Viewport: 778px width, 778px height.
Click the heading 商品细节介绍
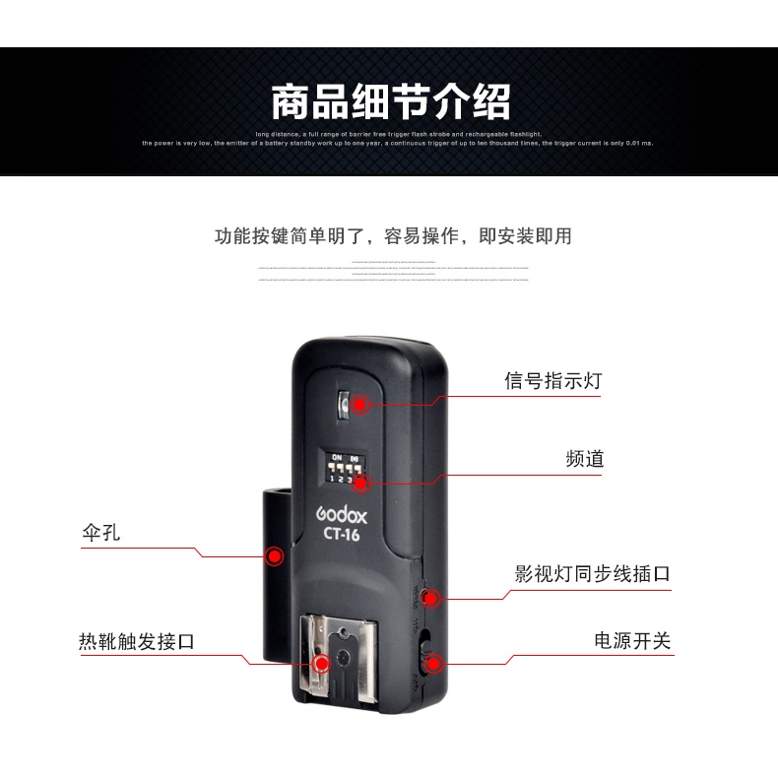[x=391, y=101]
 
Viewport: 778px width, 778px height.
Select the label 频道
[x=585, y=459]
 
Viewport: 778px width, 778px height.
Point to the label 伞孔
[x=100, y=533]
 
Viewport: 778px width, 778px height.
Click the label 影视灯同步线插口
[x=592, y=573]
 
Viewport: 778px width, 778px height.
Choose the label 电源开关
[x=631, y=641]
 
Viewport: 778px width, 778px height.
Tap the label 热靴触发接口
[x=137, y=642]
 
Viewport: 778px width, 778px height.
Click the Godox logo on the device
[x=342, y=515]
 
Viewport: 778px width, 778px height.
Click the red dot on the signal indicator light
[x=360, y=404]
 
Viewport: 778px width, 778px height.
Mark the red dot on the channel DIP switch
[x=360, y=482]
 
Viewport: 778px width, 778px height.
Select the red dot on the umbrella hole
[x=273, y=557]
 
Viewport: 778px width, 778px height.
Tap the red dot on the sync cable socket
[x=430, y=597]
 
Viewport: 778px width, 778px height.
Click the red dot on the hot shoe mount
[x=320, y=663]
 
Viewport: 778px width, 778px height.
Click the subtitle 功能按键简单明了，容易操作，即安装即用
[x=393, y=236]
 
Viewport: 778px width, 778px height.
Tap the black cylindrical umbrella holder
[x=276, y=571]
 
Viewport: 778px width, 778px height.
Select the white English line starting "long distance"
[x=398, y=134]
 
